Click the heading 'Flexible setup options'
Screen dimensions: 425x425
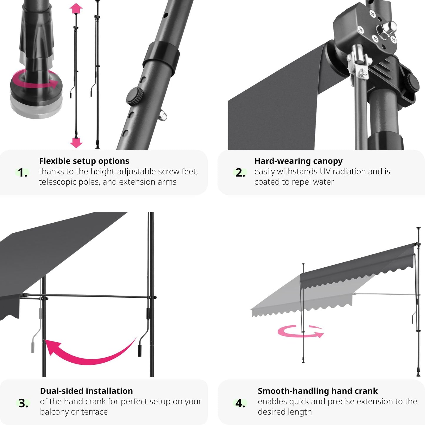[x=84, y=161]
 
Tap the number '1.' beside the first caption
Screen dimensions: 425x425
[x=22, y=172]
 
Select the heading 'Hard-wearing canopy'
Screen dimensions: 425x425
[x=299, y=161]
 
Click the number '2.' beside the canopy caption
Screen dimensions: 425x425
[x=240, y=172]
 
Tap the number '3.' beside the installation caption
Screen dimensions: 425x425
[x=23, y=403]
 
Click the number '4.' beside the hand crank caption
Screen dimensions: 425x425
[x=240, y=403]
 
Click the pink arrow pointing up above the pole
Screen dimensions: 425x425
[x=76, y=8]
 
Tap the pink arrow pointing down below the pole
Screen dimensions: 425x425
[x=76, y=143]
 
